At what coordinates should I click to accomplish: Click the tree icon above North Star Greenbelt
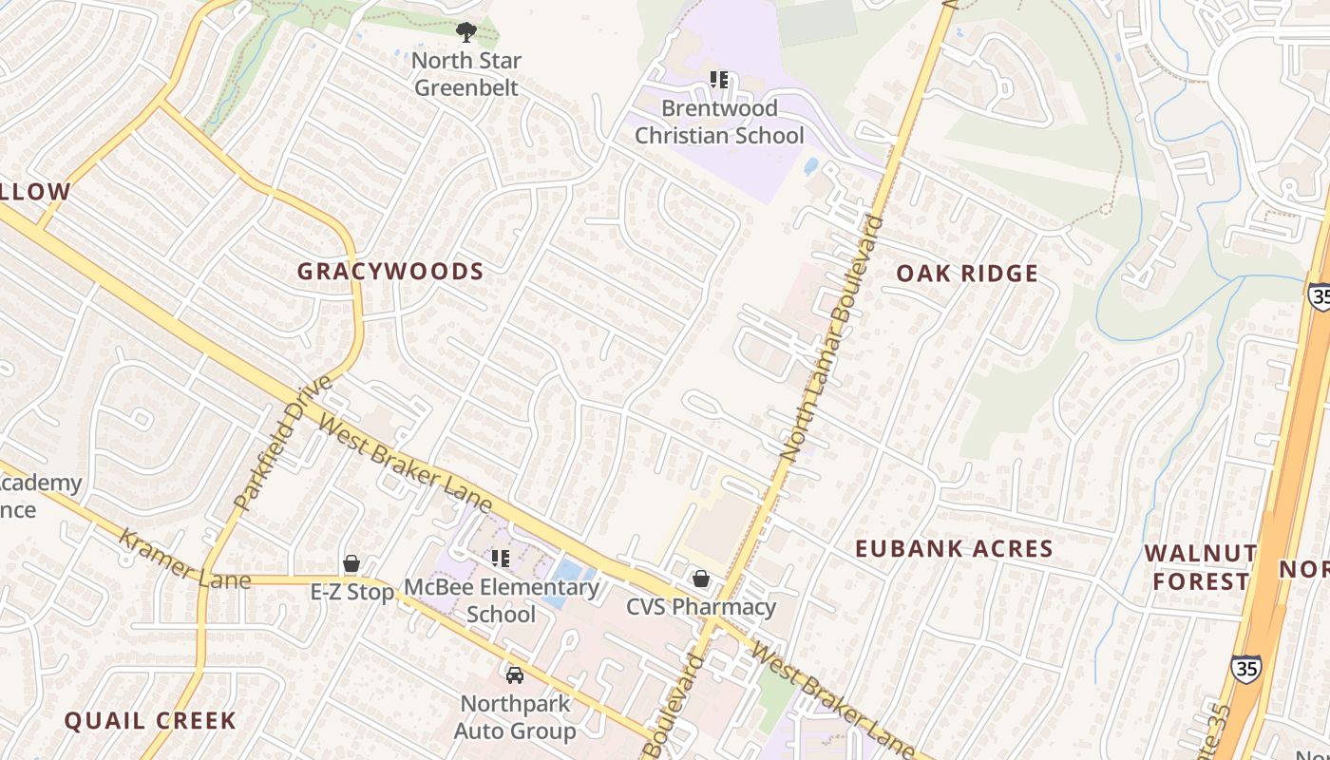tap(465, 33)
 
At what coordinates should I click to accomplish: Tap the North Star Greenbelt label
tap(465, 74)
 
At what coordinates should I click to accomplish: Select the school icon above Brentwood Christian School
tap(719, 80)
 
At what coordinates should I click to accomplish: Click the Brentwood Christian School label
tap(719, 122)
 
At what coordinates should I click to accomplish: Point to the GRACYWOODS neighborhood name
tap(390, 272)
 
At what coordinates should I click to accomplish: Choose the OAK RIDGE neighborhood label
tap(967, 274)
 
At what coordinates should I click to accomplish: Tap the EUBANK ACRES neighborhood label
tap(954, 548)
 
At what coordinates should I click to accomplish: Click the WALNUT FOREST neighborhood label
tap(1200, 567)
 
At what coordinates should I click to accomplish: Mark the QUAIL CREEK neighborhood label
tap(150, 720)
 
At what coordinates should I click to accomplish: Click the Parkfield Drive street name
tap(283, 443)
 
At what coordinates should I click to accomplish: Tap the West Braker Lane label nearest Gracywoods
tap(406, 463)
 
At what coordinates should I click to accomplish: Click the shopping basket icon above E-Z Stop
tap(351, 563)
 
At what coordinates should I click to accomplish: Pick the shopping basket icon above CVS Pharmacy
tap(701, 578)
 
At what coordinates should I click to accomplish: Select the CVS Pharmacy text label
tap(701, 607)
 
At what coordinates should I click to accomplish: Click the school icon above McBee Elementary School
tap(501, 559)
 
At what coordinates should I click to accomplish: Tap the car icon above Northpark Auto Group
tap(514, 674)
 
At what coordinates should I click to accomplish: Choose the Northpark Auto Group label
tap(514, 717)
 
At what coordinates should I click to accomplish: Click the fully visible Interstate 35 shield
tap(1245, 668)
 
